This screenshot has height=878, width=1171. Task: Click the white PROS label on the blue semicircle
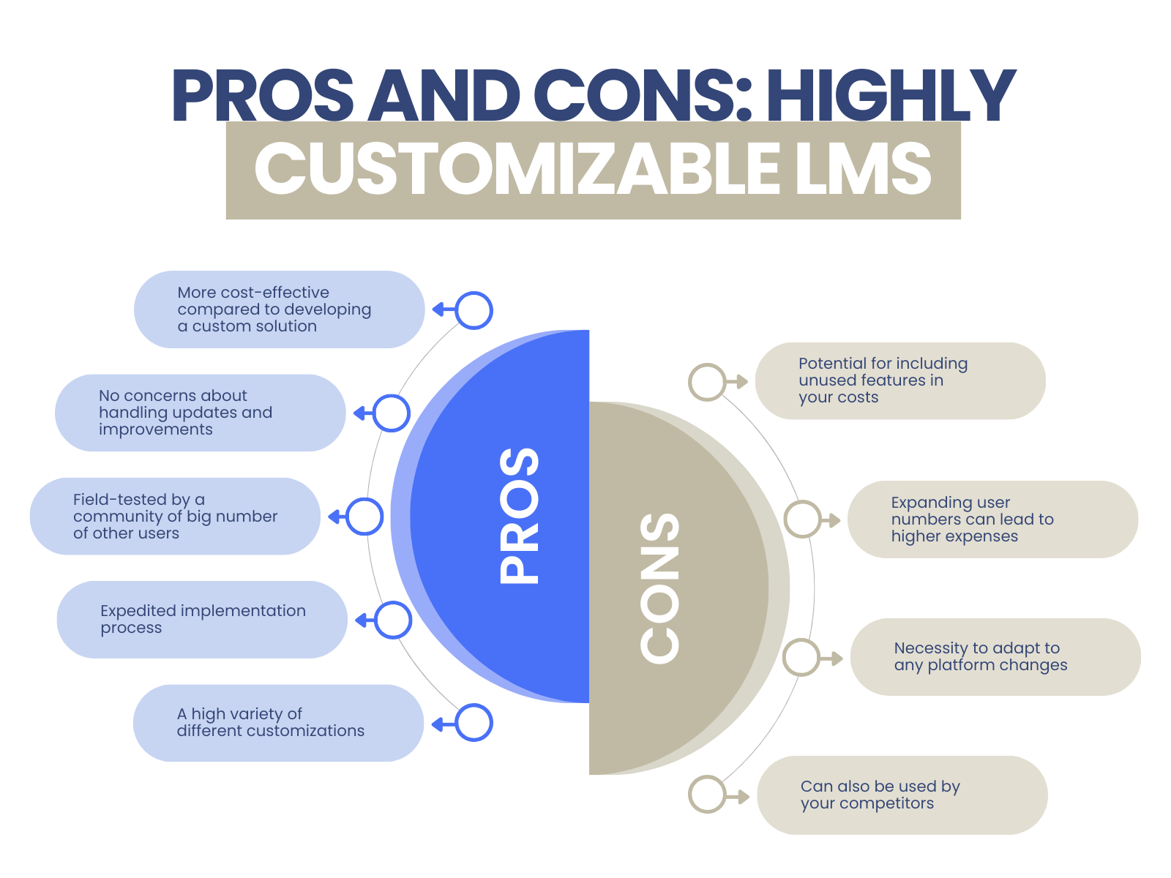(519, 515)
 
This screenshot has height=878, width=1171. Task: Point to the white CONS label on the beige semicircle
(659, 588)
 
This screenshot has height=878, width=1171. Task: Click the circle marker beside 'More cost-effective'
(474, 310)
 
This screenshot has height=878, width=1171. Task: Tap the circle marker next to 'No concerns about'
(392, 413)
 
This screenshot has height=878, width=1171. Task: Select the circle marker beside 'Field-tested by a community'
(364, 517)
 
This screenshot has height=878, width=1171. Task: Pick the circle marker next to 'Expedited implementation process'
(394, 620)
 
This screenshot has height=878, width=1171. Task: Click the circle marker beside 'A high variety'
(474, 723)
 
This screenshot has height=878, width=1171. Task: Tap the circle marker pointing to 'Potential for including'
(707, 382)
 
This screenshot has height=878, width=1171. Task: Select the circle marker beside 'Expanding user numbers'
(803, 519)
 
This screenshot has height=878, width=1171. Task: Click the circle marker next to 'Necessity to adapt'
(801, 657)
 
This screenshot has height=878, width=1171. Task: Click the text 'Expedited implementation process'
(203, 619)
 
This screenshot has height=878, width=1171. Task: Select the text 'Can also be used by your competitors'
(880, 795)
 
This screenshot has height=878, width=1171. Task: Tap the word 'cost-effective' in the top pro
(274, 293)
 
